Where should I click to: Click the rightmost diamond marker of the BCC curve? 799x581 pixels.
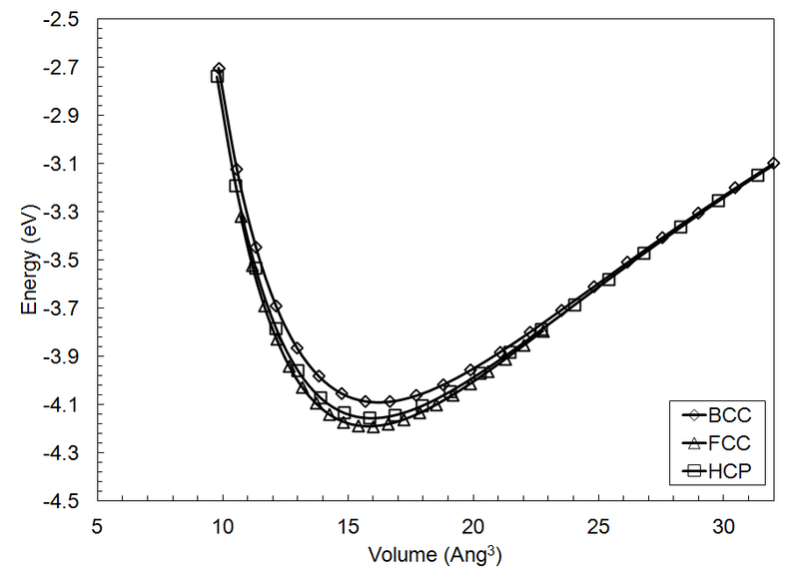click(774, 163)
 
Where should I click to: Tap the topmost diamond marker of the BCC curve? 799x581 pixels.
click(219, 69)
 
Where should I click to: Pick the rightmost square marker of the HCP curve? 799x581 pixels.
click(757, 175)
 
